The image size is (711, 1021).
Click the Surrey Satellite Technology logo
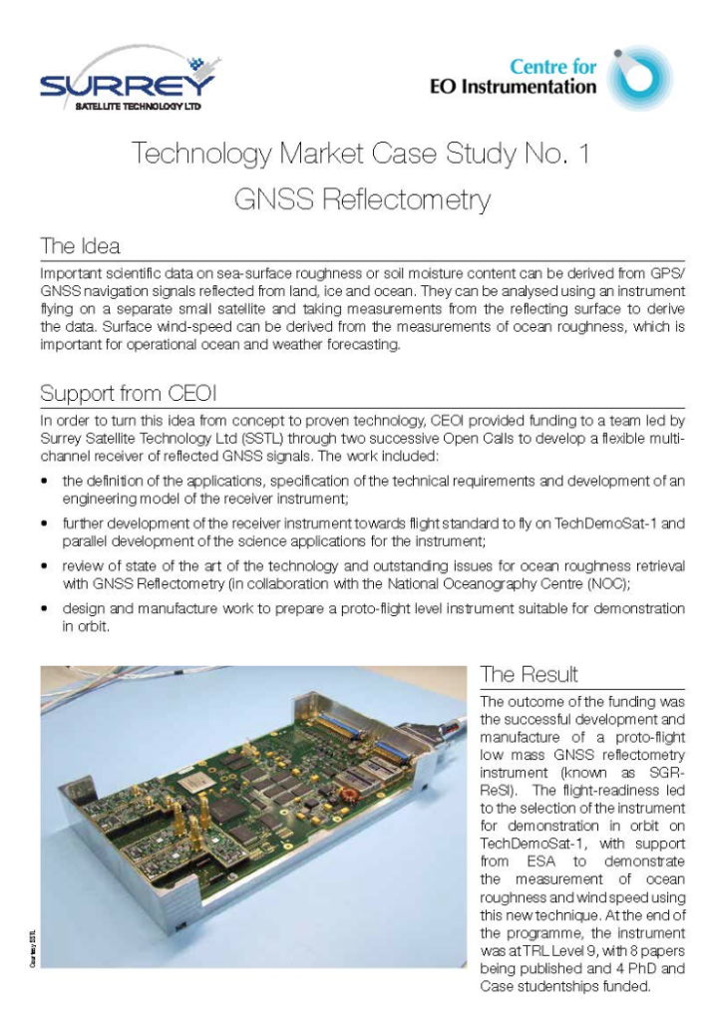tap(131, 81)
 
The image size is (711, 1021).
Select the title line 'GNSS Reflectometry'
tap(362, 200)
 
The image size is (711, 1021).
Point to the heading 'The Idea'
tap(80, 245)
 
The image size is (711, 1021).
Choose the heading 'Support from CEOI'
tap(122, 392)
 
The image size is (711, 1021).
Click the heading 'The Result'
tap(529, 674)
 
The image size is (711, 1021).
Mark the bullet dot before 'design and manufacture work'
tap(46, 607)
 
